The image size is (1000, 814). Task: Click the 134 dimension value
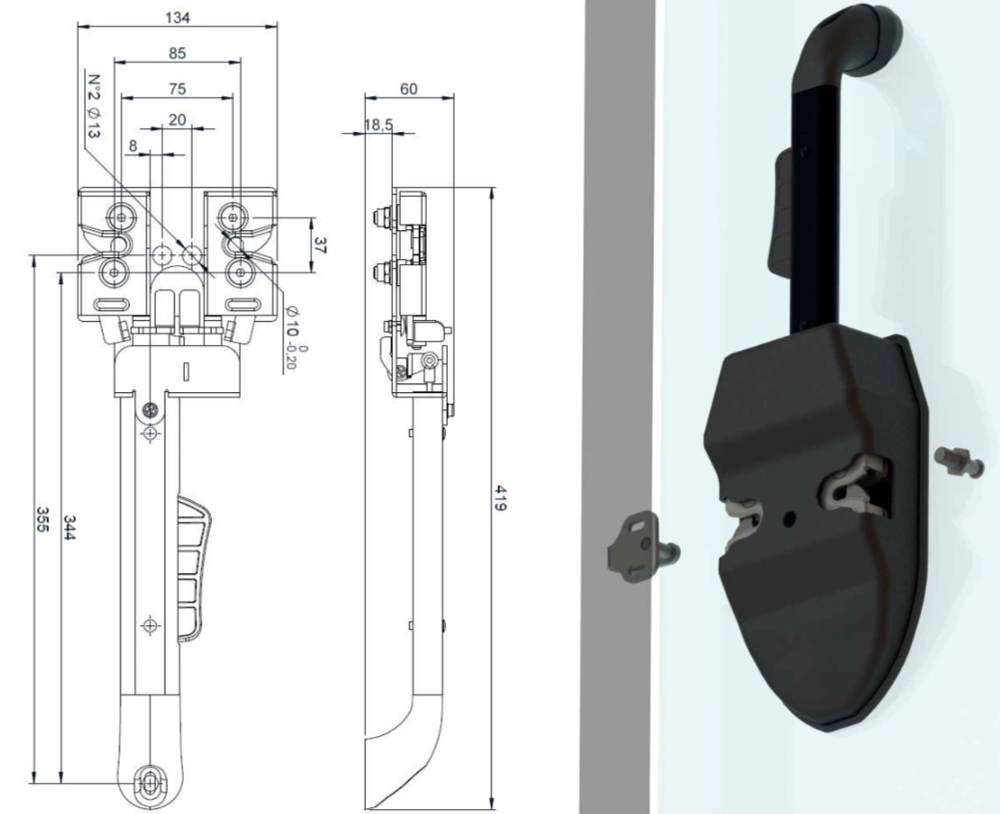[x=177, y=18]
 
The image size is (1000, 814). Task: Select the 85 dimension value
[x=177, y=54]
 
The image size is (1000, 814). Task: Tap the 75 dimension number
[x=177, y=89]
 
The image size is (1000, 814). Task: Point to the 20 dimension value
[x=177, y=119]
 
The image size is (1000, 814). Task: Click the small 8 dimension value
[x=133, y=146]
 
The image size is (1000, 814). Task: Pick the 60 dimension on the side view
[x=408, y=89]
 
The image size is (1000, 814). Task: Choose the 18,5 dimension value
[x=379, y=125]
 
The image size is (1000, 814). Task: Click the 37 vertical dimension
[x=320, y=246]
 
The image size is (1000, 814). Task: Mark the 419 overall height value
[x=501, y=498]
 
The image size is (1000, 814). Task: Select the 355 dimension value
[x=42, y=520]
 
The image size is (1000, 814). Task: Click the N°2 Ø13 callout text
[x=93, y=107]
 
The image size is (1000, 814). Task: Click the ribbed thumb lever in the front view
[x=195, y=567]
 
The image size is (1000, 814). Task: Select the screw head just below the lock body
[x=150, y=409]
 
